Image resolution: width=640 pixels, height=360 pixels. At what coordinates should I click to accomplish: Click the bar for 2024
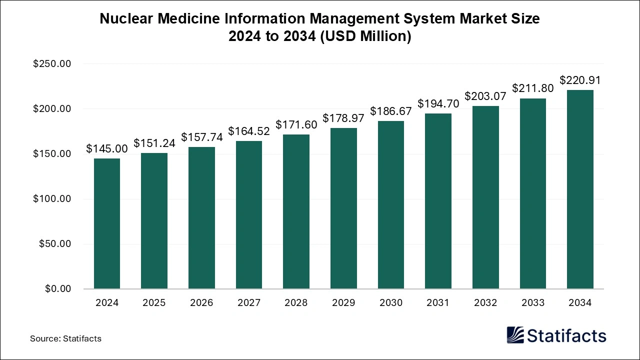coord(106,223)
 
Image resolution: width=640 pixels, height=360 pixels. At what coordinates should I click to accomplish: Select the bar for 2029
coord(343,208)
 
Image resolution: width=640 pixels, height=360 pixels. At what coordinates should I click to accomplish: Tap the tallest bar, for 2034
coord(580,189)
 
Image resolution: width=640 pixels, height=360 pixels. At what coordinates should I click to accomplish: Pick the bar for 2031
coord(438,201)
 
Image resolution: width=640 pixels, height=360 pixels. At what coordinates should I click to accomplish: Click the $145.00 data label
coord(106,148)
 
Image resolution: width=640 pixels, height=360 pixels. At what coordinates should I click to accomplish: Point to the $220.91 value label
coord(580,80)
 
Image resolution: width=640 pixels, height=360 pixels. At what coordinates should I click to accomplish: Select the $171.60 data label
coord(296,124)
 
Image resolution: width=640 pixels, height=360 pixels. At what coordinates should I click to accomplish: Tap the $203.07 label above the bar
coord(485,96)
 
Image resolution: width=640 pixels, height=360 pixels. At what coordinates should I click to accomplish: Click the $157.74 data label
coord(201,137)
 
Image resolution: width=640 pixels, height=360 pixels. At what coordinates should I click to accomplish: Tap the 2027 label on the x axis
coord(248,303)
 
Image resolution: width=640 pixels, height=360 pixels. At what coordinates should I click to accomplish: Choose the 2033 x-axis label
coord(532,303)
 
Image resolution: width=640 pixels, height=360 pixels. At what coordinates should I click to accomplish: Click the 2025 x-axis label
coord(154,303)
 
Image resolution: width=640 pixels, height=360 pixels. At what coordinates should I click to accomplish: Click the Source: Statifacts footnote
coord(65,338)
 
